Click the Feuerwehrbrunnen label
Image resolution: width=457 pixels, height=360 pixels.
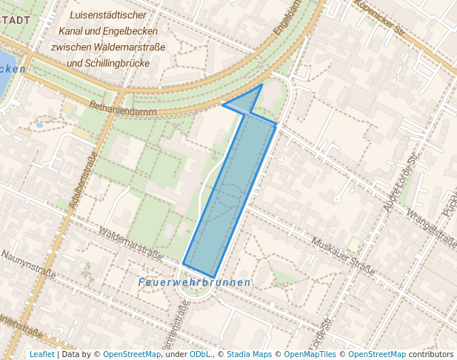[195, 283]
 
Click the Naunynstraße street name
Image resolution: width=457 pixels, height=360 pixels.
[28, 264]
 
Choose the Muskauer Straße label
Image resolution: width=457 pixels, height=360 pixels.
[343, 254]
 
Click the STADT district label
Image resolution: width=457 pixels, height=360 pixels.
[16, 19]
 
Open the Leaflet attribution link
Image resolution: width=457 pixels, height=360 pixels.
[41, 354]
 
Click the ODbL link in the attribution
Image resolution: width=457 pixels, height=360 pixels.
[200, 354]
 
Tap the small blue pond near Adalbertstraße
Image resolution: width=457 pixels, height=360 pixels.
[39, 125]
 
